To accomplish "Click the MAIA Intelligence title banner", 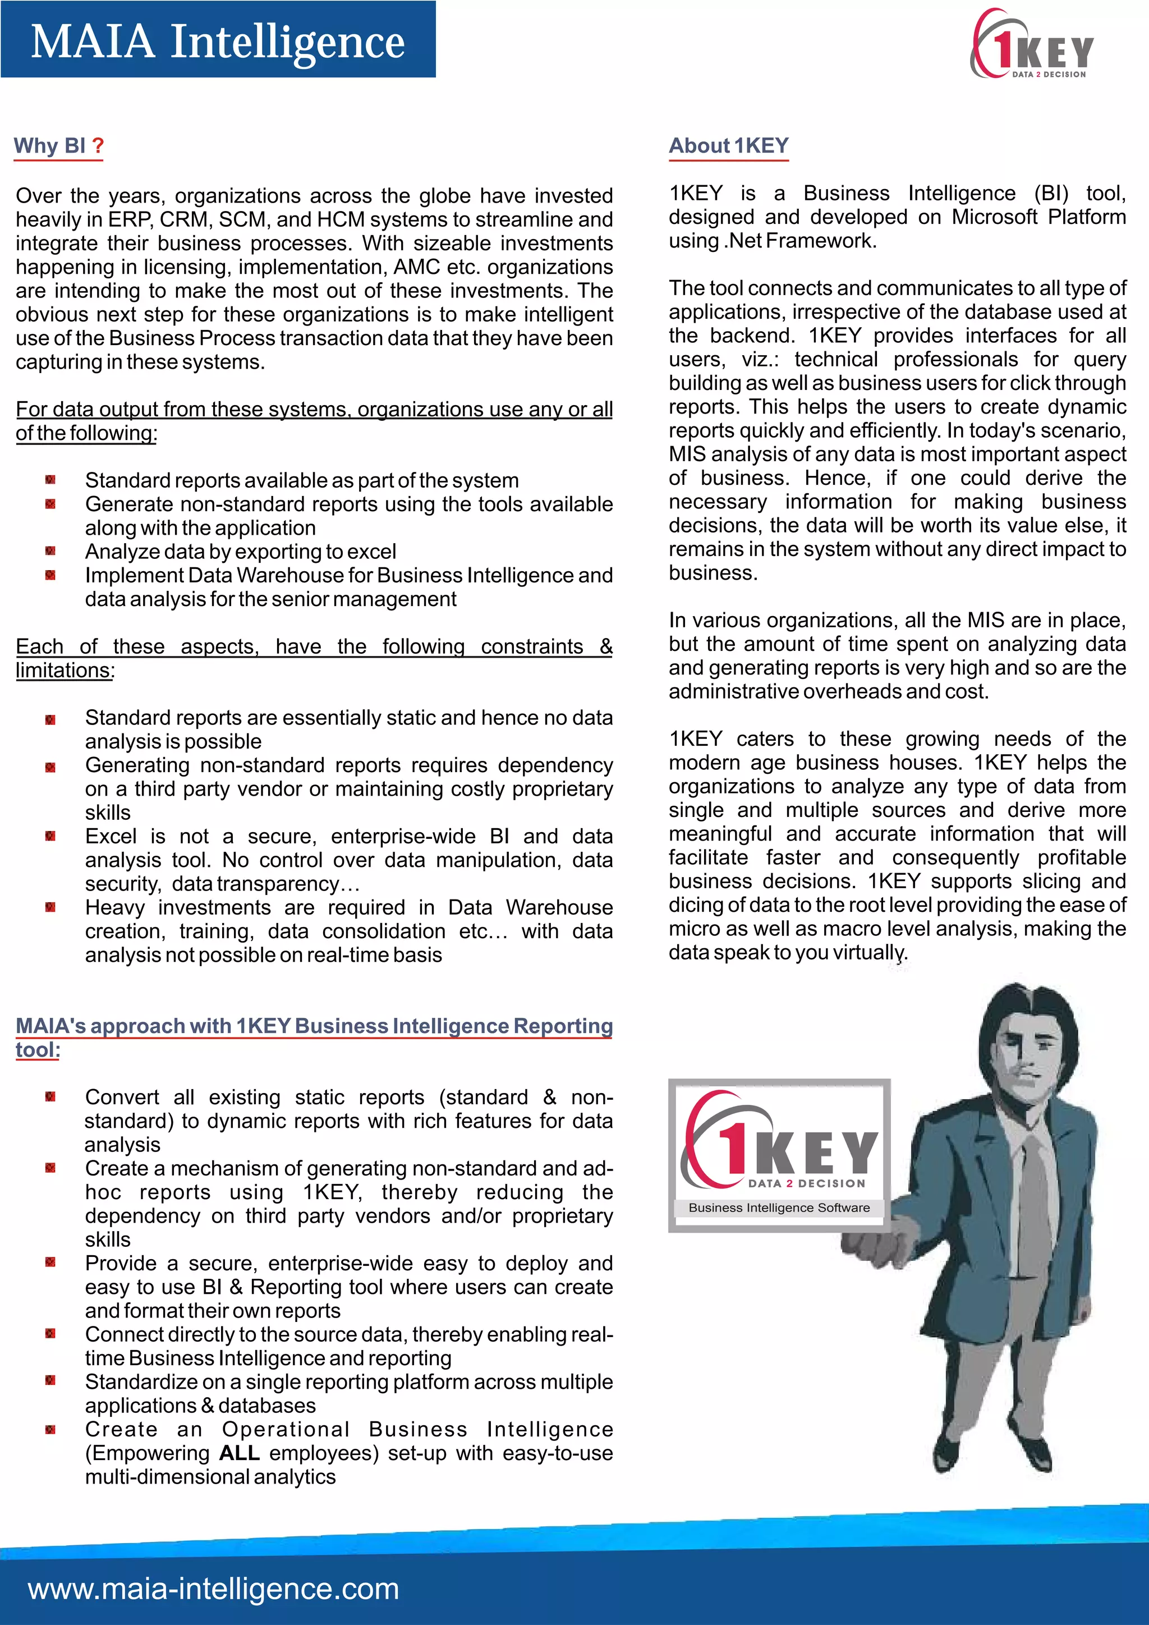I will [218, 40].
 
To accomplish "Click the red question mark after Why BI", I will [98, 146].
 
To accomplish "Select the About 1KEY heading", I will [728, 146].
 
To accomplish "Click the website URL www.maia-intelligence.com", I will [214, 1588].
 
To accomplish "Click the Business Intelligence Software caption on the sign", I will [779, 1208].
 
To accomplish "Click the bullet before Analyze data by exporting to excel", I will [50, 552].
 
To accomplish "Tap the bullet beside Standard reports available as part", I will [50, 480].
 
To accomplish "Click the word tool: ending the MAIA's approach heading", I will [38, 1050].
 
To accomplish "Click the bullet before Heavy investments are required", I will [50, 907].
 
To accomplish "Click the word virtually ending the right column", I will [869, 953].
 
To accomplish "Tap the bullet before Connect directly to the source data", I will [50, 1334].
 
